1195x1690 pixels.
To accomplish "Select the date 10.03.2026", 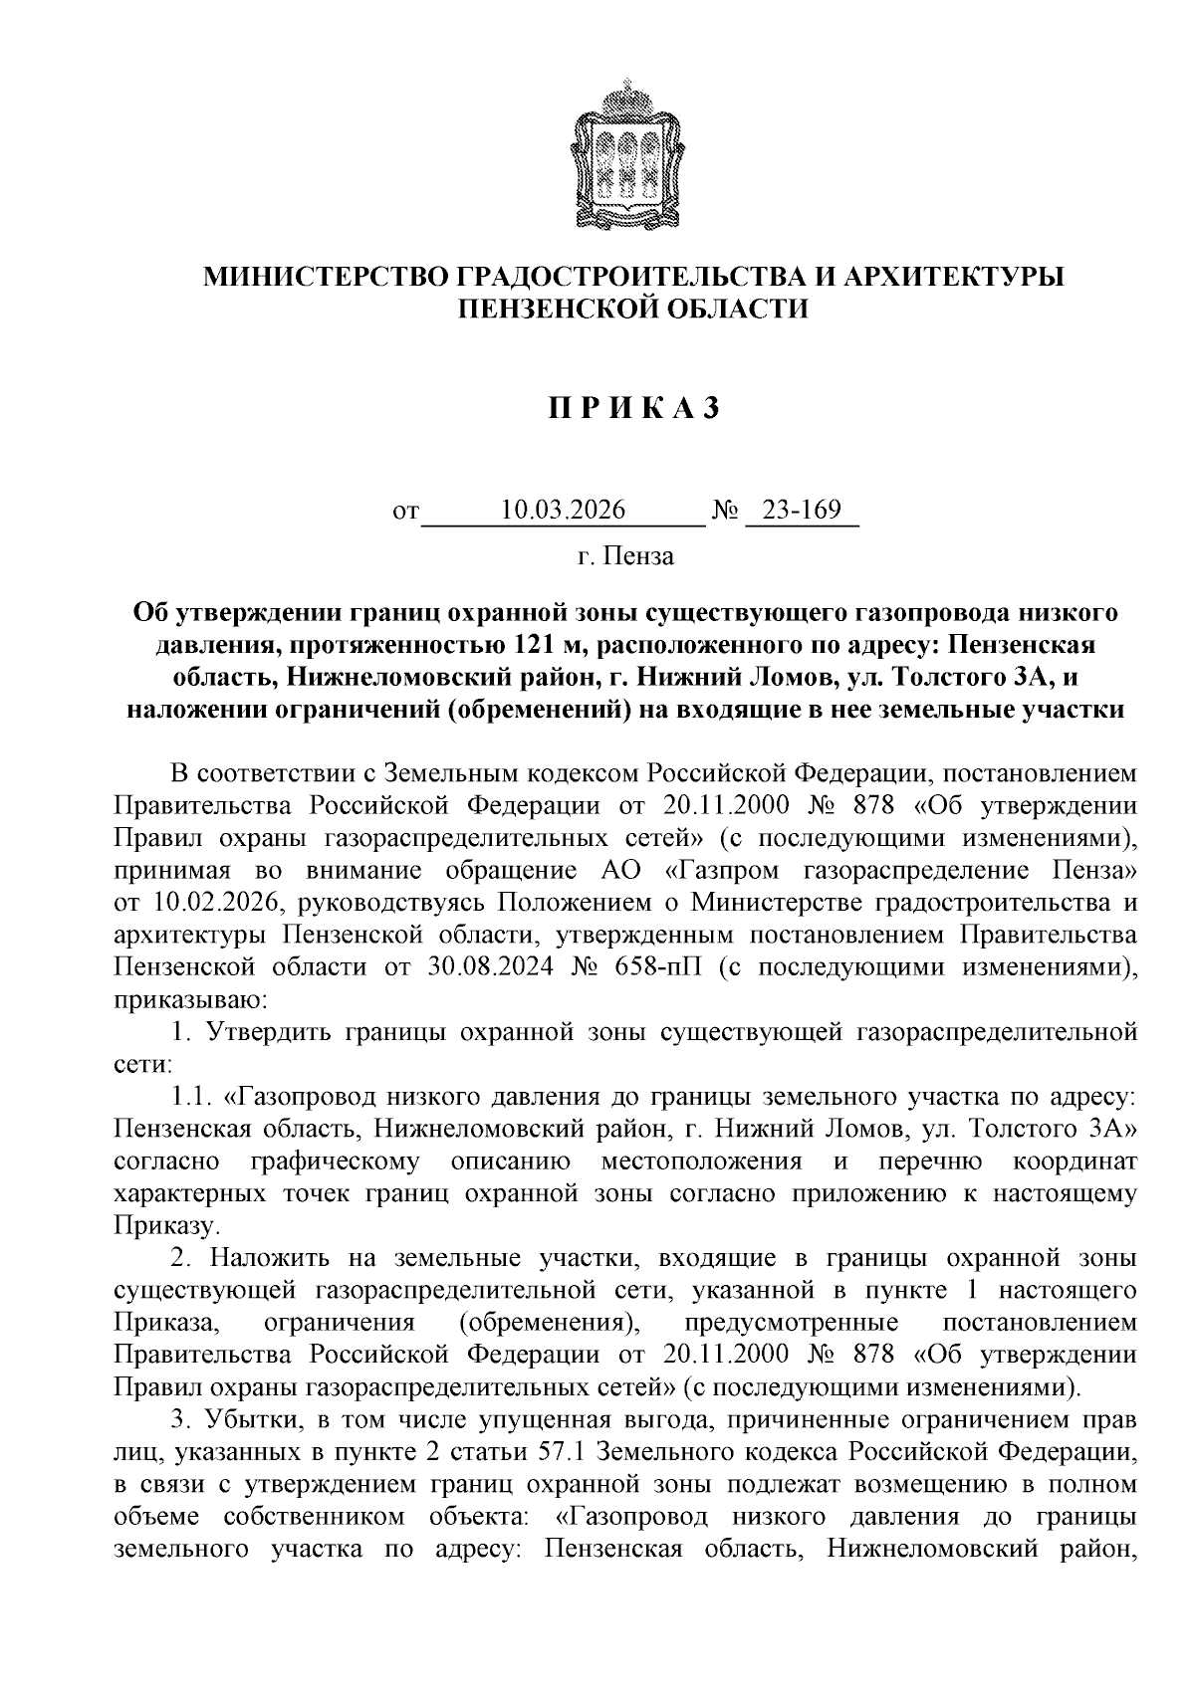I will (x=564, y=511).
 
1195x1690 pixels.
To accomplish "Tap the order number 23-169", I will (x=801, y=511).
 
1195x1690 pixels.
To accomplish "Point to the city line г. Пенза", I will (x=625, y=556).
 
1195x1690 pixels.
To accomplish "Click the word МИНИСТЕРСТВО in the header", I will (x=327, y=276).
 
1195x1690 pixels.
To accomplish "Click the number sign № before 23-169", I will (x=725, y=512).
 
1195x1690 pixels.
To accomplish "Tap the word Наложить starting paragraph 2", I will (x=264, y=1259).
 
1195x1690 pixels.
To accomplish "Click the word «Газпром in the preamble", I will (x=723, y=871).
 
